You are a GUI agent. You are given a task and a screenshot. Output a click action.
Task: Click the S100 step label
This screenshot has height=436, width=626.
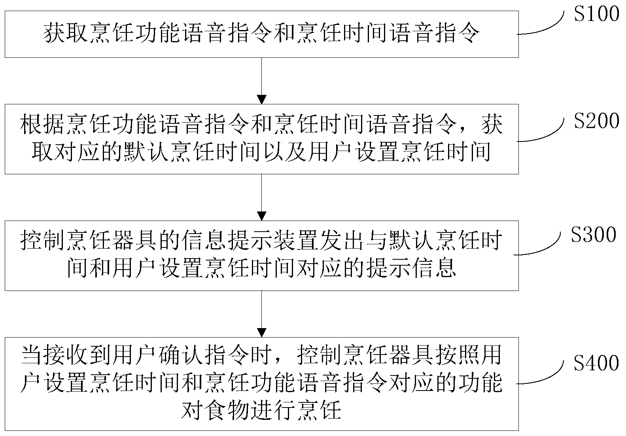(x=596, y=14)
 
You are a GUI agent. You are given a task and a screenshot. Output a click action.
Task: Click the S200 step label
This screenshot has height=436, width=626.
(x=596, y=121)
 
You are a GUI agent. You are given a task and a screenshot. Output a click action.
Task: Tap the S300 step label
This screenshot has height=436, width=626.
(x=594, y=235)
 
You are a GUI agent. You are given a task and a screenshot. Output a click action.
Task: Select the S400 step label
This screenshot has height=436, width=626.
(x=596, y=363)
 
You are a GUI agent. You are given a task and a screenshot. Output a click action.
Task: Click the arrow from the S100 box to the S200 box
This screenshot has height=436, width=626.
(x=261, y=81)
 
